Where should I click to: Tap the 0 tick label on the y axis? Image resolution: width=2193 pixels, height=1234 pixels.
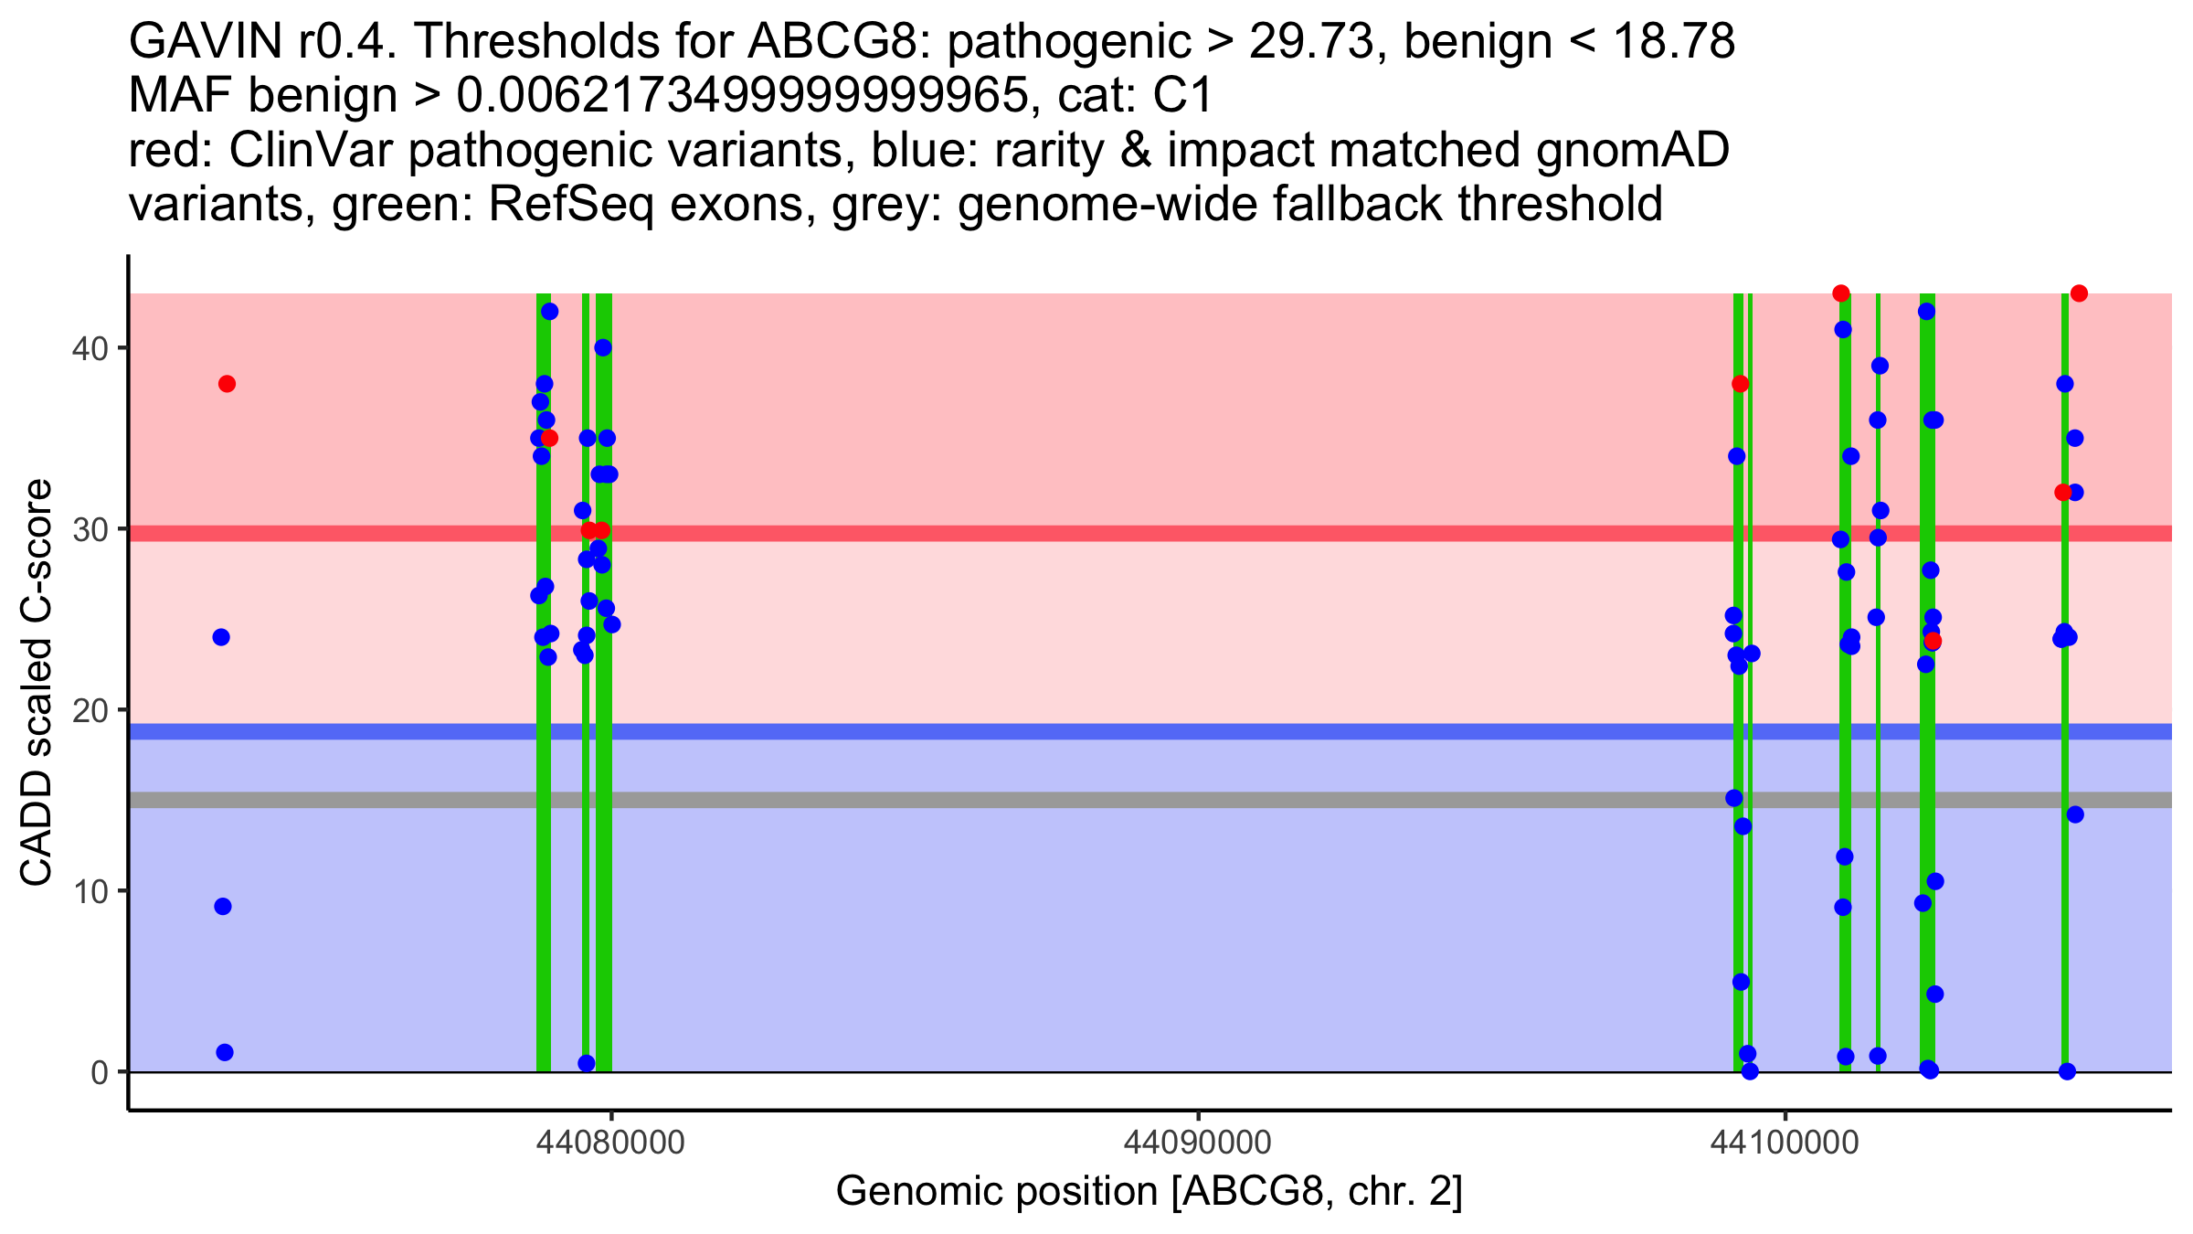99,1072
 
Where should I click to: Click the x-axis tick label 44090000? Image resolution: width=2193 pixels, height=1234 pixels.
1198,1143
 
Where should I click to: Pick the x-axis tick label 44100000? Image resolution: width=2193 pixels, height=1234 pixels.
1785,1143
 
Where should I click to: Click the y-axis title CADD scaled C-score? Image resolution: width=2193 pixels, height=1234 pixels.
37,684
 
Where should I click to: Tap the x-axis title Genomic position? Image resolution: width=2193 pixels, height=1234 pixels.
1149,1192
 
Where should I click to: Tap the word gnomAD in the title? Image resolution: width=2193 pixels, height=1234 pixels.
1632,151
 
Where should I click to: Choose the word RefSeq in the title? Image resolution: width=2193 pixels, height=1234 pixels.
570,205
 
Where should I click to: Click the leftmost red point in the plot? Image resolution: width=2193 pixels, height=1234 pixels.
227,384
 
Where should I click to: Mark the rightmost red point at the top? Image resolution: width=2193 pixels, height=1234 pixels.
2079,293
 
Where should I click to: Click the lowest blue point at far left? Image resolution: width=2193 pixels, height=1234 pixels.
225,1052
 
